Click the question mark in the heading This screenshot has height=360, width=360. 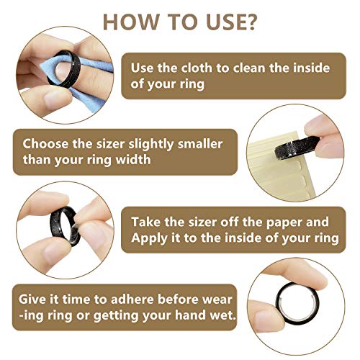(250, 22)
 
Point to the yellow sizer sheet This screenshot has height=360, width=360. (276, 168)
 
